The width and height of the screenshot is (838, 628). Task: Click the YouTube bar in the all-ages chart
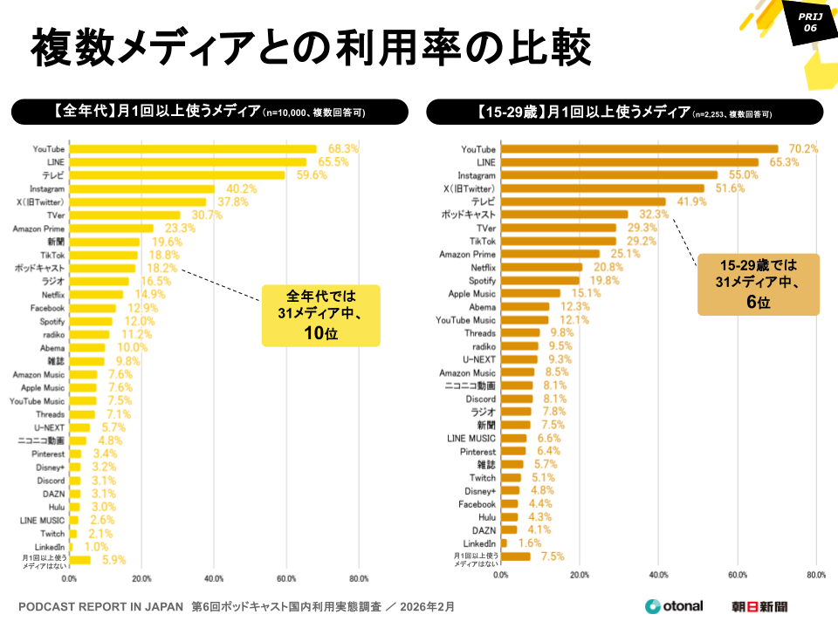(192, 149)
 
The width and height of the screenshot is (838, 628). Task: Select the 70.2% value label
(802, 149)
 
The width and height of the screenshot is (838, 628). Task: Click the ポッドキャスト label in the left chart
(39, 269)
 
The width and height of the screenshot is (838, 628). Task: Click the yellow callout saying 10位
(320, 316)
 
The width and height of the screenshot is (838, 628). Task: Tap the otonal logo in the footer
(673, 606)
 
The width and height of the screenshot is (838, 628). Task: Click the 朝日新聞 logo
(759, 606)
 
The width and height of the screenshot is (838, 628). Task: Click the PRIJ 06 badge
(809, 22)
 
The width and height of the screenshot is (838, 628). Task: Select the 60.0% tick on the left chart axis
(285, 578)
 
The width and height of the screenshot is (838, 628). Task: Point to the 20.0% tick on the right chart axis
(580, 575)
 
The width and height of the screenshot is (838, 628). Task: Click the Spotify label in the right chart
(480, 281)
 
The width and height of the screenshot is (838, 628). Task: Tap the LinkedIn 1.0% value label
(96, 547)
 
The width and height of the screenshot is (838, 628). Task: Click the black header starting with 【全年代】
(209, 112)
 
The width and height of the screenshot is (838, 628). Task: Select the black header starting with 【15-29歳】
(624, 112)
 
